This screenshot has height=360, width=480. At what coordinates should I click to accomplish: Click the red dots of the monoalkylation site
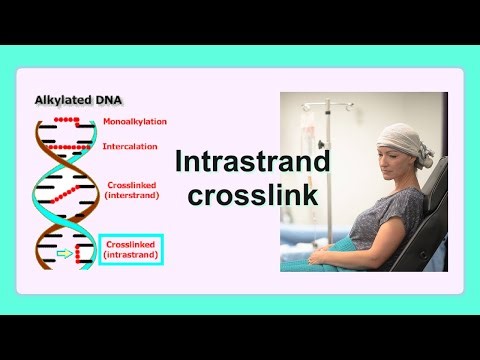66,119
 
